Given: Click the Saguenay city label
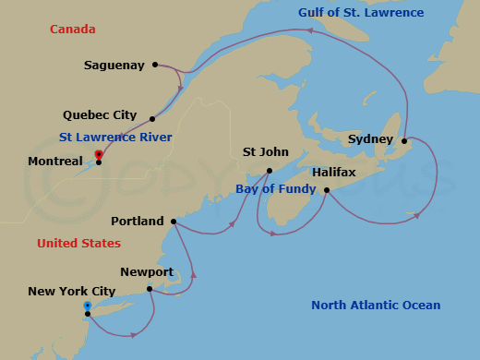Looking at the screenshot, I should point(114,66).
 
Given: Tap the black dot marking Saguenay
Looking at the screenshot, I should point(155,65).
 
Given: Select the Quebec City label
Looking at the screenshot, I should point(100,115).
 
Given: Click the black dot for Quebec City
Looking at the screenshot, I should point(151,118).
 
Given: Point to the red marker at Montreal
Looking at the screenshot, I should point(98,154).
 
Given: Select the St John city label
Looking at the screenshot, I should point(266,152).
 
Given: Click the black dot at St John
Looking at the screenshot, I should point(269,171).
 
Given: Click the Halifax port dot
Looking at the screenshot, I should point(327,190).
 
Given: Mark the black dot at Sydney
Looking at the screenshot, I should point(404,140).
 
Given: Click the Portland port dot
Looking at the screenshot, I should point(174,222).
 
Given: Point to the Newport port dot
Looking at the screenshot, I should point(150,289).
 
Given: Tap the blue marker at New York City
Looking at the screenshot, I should point(87,306).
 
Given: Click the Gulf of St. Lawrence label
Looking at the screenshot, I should point(361,13).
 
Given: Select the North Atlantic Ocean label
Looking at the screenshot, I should point(376,306).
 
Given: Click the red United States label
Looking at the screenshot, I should point(78,244).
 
